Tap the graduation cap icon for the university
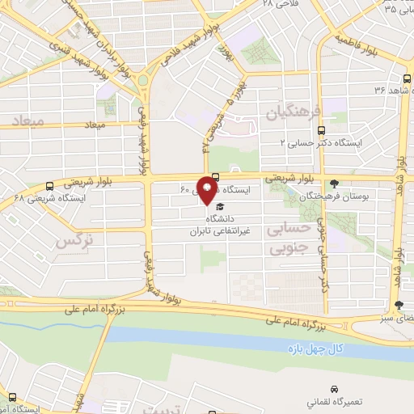[x=219, y=207]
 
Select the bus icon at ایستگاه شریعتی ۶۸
[x=50, y=185]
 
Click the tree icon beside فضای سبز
[x=398, y=305]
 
